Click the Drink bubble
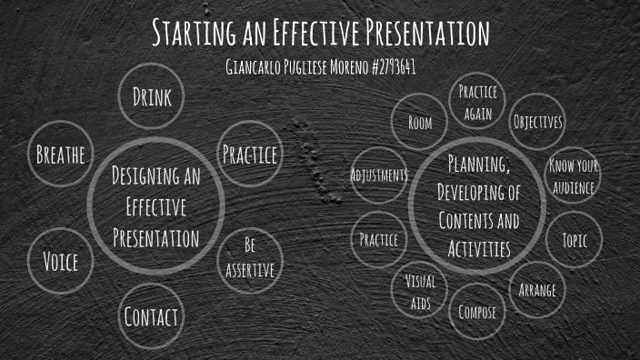point(152,96)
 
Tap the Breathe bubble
point(60,155)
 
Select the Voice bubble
point(60,263)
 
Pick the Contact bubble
point(151,317)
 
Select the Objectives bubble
point(537,122)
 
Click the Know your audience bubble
point(573,177)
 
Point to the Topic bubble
point(574,240)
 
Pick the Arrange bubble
point(536,291)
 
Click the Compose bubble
point(477,312)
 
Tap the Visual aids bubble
point(419,291)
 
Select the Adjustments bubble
point(378,175)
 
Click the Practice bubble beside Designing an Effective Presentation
point(249,155)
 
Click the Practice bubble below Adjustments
point(378,240)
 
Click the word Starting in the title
point(191,34)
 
